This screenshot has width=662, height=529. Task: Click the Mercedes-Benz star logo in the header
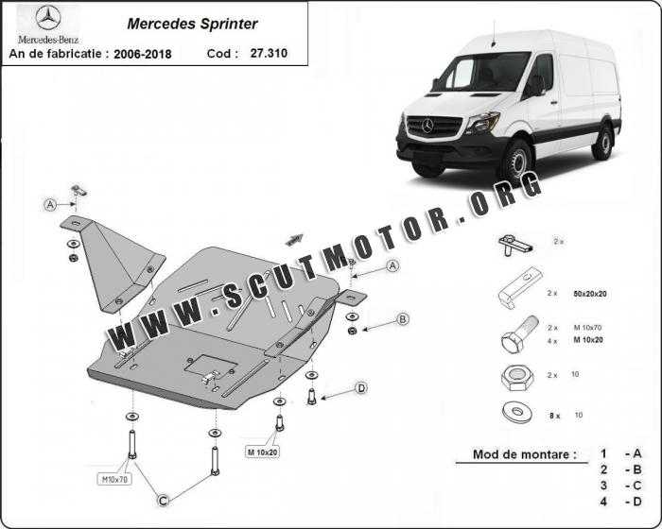pyautogui.click(x=48, y=18)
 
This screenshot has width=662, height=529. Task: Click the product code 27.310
pyautogui.click(x=269, y=53)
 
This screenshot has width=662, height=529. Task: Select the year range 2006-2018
pyautogui.click(x=143, y=54)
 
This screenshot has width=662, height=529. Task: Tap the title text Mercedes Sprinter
pyautogui.click(x=192, y=24)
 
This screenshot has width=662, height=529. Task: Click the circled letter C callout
pyautogui.click(x=163, y=501)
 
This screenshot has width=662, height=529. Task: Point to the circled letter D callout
pyautogui.click(x=361, y=388)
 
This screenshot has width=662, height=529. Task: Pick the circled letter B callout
pyautogui.click(x=403, y=319)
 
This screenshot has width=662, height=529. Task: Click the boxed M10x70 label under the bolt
pyautogui.click(x=114, y=479)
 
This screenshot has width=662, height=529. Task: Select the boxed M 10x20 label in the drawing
pyautogui.click(x=262, y=452)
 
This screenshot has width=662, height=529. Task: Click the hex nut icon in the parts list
pyautogui.click(x=516, y=376)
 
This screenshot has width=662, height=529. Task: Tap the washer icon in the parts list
pyautogui.click(x=517, y=412)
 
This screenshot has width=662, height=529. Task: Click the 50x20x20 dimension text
pyautogui.click(x=590, y=294)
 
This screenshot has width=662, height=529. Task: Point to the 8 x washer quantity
pyautogui.click(x=554, y=416)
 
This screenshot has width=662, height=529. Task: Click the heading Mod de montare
pyautogui.click(x=524, y=454)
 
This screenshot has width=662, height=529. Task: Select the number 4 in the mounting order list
pyautogui.click(x=603, y=502)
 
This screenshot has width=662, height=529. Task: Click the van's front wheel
pyautogui.click(x=515, y=162)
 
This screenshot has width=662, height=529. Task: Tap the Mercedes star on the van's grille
pyautogui.click(x=427, y=126)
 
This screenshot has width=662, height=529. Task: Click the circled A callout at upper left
pyautogui.click(x=50, y=205)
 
